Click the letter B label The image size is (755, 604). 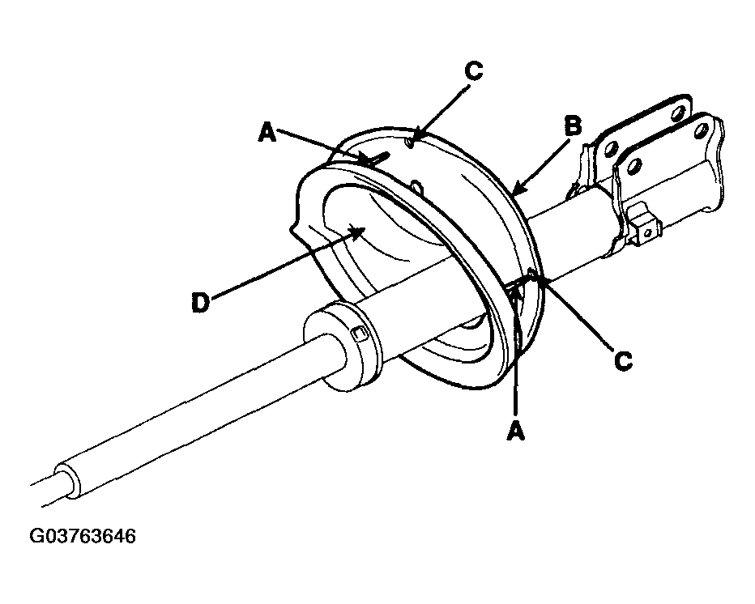573,127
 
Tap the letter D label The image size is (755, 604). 201,304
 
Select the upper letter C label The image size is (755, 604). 474,71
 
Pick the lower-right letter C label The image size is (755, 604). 624,360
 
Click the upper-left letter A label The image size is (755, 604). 267,132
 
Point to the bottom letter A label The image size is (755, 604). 516,430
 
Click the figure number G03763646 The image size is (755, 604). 83,536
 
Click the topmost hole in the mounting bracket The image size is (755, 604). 677,113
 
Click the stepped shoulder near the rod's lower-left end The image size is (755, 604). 67,481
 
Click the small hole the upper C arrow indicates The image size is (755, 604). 410,143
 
